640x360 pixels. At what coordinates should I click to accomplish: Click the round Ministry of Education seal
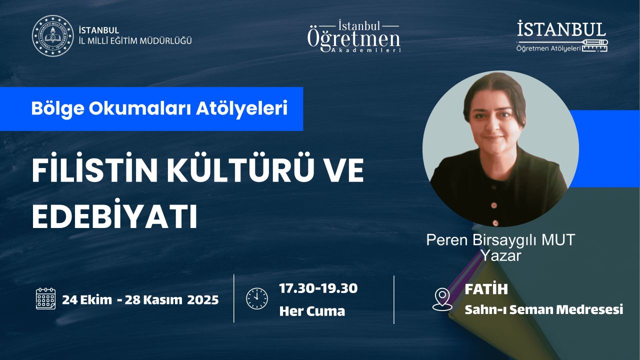pyautogui.click(x=53, y=35)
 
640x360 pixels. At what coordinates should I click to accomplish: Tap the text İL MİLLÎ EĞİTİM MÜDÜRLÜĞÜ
pyautogui.click(x=135, y=41)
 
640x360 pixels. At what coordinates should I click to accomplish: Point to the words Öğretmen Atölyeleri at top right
pyautogui.click(x=548, y=48)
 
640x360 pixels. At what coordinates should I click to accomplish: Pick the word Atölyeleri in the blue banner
pyautogui.click(x=241, y=108)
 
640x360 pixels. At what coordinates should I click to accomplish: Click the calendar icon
pyautogui.click(x=45, y=299)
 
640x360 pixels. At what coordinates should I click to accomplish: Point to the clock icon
pyautogui.click(x=257, y=298)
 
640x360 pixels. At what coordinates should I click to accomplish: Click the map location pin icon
pyautogui.click(x=442, y=299)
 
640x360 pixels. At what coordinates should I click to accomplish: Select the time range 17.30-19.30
pyautogui.click(x=318, y=288)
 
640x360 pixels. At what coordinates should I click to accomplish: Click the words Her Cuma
pyautogui.click(x=312, y=311)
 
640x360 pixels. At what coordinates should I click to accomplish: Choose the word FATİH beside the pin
pyautogui.click(x=486, y=289)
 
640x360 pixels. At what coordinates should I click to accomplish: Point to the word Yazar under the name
pyautogui.click(x=501, y=255)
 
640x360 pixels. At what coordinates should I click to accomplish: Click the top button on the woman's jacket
pyautogui.click(x=493, y=205)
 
